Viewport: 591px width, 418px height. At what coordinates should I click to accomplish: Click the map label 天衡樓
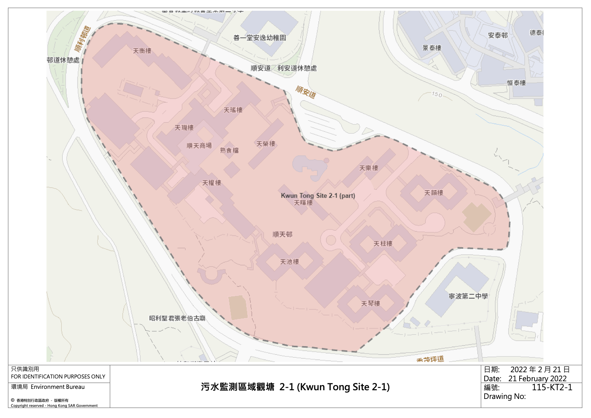pyautogui.click(x=142, y=51)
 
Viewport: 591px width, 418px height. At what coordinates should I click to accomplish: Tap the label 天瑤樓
pyautogui.click(x=233, y=110)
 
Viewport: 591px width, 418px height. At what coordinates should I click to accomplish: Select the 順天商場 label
pyautogui.click(x=199, y=146)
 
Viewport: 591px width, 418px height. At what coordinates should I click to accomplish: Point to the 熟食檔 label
pyautogui.click(x=229, y=150)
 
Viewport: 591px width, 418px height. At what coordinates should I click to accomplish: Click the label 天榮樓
pyautogui.click(x=266, y=144)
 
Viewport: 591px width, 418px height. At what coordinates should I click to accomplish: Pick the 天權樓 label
pyautogui.click(x=212, y=183)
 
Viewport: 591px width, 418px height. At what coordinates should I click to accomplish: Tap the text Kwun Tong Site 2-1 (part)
pyautogui.click(x=318, y=196)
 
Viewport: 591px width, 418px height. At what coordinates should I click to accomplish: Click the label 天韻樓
pyautogui.click(x=434, y=193)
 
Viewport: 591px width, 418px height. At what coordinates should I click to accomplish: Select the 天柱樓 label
pyautogui.click(x=383, y=244)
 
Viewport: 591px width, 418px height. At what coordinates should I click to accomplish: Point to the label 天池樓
pyautogui.click(x=289, y=262)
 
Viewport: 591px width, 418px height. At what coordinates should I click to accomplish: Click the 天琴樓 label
pyautogui.click(x=370, y=304)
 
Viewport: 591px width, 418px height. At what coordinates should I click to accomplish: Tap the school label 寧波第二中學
pyautogui.click(x=468, y=296)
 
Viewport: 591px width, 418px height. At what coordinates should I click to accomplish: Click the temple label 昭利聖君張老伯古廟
pyautogui.click(x=177, y=318)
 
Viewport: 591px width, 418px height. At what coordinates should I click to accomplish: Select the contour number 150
pyautogui.click(x=437, y=94)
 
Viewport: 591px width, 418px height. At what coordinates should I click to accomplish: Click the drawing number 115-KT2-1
pyautogui.click(x=552, y=387)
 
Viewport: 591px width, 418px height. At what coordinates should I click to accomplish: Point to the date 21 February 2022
pyautogui.click(x=537, y=378)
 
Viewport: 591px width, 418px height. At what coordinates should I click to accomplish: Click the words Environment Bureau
pyautogui.click(x=58, y=387)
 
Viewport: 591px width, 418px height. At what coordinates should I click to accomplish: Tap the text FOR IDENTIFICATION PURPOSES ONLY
pyautogui.click(x=58, y=376)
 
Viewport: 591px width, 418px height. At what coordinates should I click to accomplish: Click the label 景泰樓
pyautogui.click(x=432, y=48)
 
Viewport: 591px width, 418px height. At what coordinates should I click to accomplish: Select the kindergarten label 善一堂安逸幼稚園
pyautogui.click(x=259, y=38)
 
